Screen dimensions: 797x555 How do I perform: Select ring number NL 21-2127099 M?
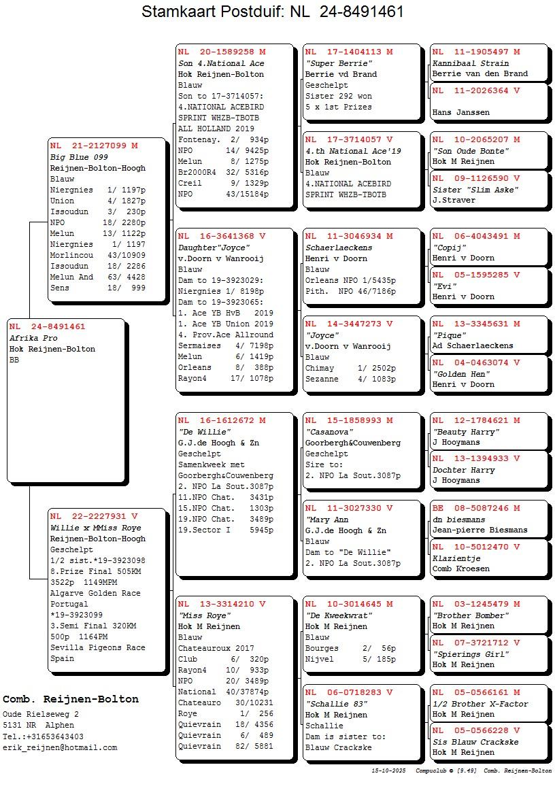point(94,146)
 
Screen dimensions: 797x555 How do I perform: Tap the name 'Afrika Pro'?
point(33,338)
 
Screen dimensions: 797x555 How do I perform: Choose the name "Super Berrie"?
point(331,63)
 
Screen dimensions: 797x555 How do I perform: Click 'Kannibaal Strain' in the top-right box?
point(471,63)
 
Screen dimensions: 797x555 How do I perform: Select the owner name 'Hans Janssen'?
point(460,112)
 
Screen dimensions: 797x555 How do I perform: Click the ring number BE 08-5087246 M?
point(476,508)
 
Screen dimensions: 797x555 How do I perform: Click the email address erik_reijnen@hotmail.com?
point(60,747)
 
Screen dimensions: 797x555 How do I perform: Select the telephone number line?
point(44,736)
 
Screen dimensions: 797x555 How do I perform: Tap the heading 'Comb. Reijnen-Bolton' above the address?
point(71,699)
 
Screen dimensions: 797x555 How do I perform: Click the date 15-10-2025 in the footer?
point(388,771)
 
